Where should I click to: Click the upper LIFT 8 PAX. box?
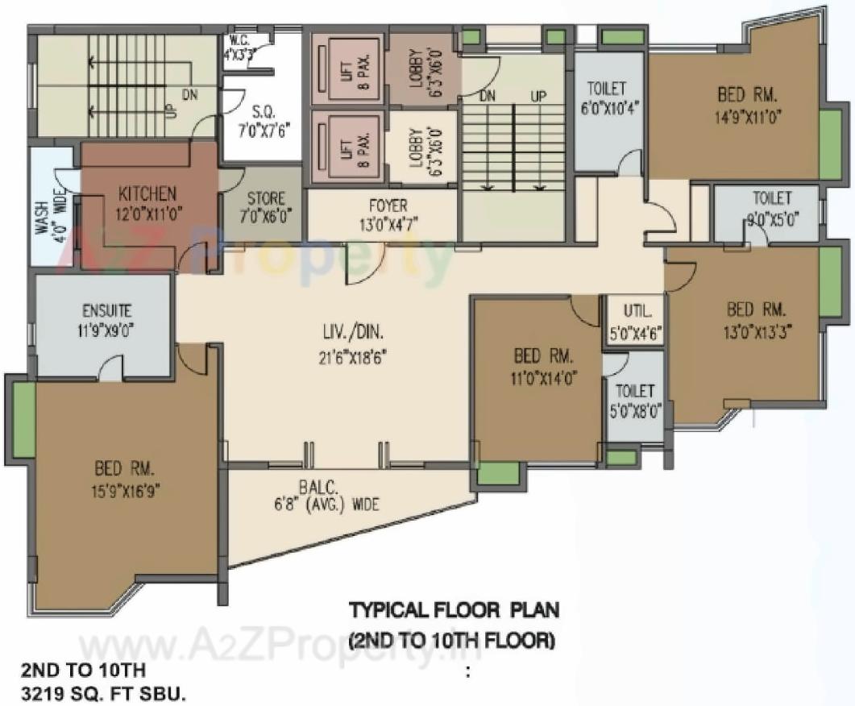click(346, 69)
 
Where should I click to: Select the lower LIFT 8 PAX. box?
click(346, 146)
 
